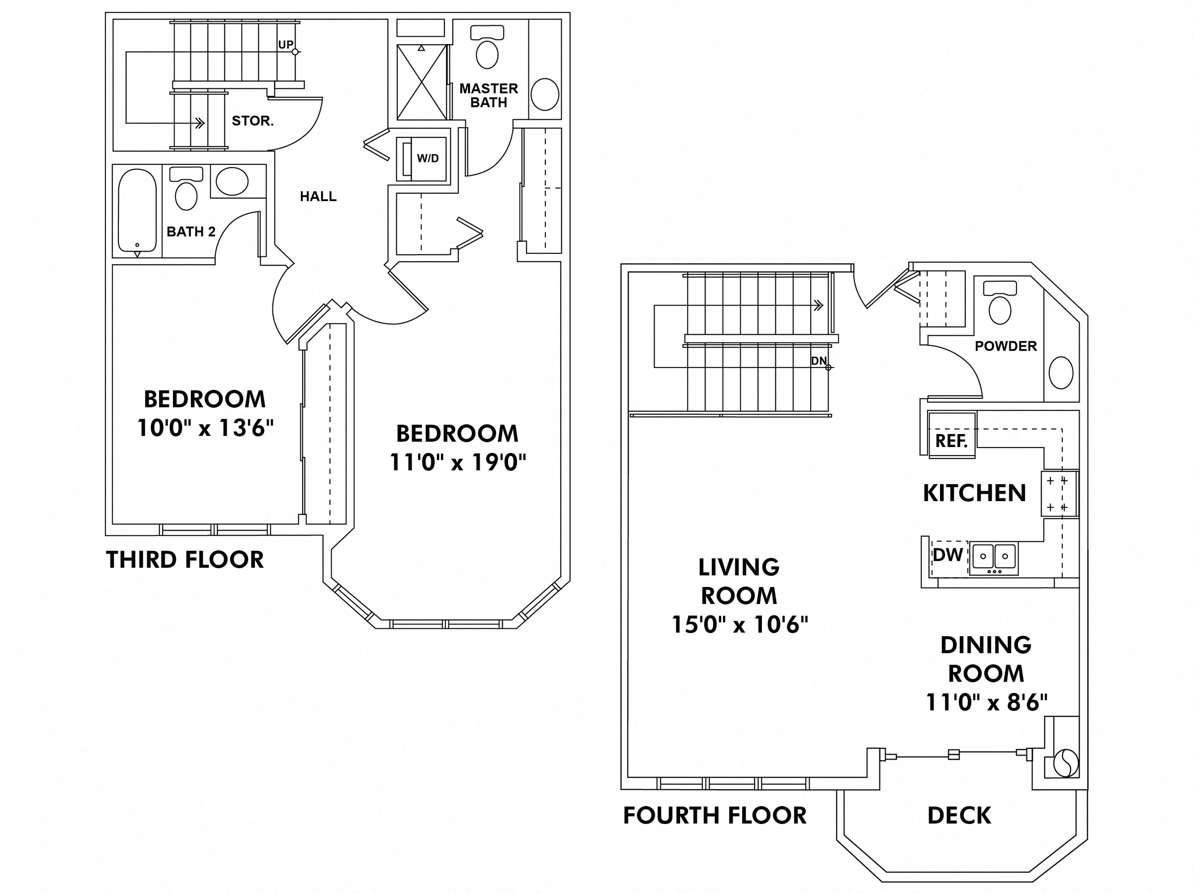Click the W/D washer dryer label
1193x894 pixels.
[427, 158]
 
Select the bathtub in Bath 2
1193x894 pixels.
[137, 210]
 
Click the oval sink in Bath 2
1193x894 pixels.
[232, 181]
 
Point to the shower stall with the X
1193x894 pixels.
[422, 82]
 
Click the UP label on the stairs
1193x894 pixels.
[286, 45]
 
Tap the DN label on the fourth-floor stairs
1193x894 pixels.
[819, 361]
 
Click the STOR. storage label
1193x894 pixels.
[253, 121]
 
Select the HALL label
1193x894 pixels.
[318, 197]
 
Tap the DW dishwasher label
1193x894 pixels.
[947, 555]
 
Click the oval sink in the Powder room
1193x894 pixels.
[1061, 372]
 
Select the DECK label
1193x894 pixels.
[959, 816]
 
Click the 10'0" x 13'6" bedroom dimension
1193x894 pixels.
[205, 429]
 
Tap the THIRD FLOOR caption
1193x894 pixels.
[184, 560]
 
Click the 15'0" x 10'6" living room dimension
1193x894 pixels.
[740, 625]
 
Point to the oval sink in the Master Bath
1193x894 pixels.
[544, 94]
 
